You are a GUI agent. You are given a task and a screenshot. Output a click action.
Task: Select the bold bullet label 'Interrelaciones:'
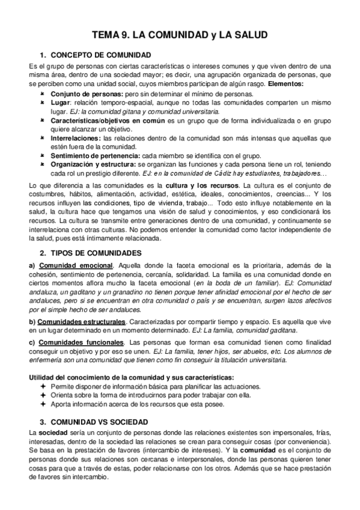tap(76, 138)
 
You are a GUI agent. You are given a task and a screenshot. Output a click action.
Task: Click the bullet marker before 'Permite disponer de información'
tap(42, 386)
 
